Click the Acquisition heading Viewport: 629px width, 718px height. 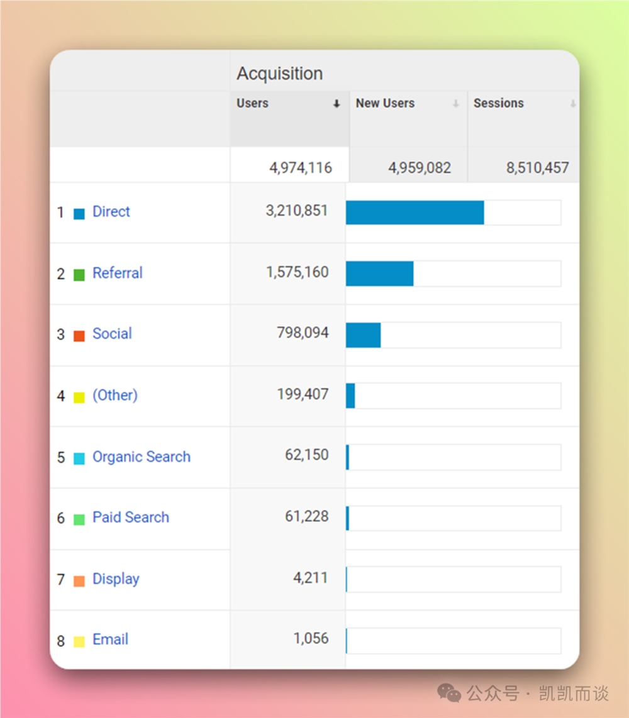click(279, 74)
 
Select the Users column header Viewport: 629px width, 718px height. click(252, 103)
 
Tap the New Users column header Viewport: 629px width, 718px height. click(385, 103)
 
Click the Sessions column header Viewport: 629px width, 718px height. click(498, 103)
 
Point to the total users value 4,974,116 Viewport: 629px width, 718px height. click(300, 168)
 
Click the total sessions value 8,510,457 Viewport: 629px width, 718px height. click(537, 168)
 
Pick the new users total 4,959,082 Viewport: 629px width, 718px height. click(419, 168)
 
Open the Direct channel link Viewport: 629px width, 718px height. click(111, 212)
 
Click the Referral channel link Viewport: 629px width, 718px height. click(118, 273)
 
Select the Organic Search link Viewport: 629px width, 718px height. click(142, 457)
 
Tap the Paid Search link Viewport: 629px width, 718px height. click(131, 517)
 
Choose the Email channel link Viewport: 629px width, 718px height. click(110, 640)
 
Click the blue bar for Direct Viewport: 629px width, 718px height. click(415, 213)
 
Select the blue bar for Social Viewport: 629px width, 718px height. click(363, 335)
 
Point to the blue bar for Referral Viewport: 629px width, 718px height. click(379, 273)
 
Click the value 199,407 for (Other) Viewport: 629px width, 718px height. click(303, 394)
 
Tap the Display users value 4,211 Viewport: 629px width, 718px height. click(310, 578)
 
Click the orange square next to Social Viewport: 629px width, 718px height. click(79, 336)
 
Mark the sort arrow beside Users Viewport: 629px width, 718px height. click(337, 104)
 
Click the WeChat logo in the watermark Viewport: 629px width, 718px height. click(449, 693)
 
